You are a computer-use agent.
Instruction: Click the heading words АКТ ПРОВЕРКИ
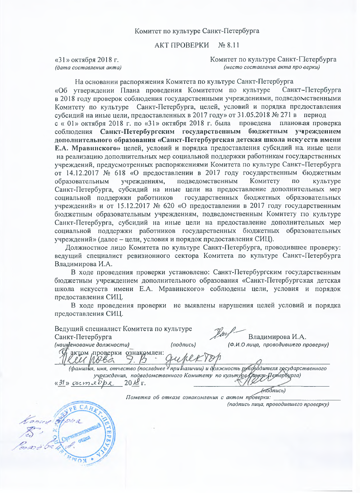tap(182, 45)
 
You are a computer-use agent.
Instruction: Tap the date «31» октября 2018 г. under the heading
tap(86, 60)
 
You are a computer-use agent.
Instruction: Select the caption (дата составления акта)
tap(88, 67)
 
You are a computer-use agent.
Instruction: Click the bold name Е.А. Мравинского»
tap(87, 148)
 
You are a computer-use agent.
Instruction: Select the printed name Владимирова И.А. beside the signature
tap(277, 337)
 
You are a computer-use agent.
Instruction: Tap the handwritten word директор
tap(193, 359)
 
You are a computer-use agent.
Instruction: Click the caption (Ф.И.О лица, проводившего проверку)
tap(278, 345)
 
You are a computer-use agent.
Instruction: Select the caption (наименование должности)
tap(92, 345)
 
